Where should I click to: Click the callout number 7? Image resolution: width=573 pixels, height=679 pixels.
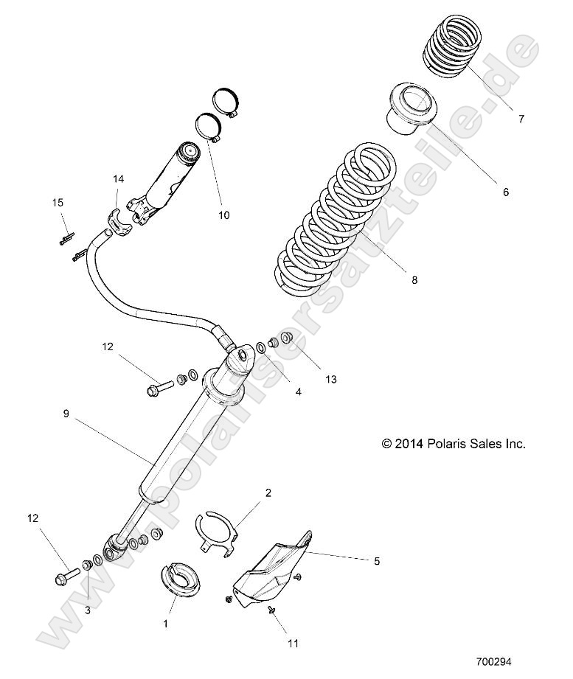pos(521,119)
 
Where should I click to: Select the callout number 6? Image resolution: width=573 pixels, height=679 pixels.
pos(506,192)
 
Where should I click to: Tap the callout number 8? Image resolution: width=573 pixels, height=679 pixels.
pos(414,280)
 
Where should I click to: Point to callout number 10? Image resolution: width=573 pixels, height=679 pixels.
pos(224,215)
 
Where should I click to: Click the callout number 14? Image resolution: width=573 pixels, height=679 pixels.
pos(118,179)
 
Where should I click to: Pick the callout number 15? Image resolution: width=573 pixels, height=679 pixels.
pos(57,203)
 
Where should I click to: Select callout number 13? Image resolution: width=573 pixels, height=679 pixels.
pos(330,379)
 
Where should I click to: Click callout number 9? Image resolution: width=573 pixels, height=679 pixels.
pos(68,414)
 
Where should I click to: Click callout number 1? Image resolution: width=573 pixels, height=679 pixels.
pos(165,623)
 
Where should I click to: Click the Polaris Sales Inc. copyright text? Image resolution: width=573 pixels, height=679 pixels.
pos(453,444)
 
